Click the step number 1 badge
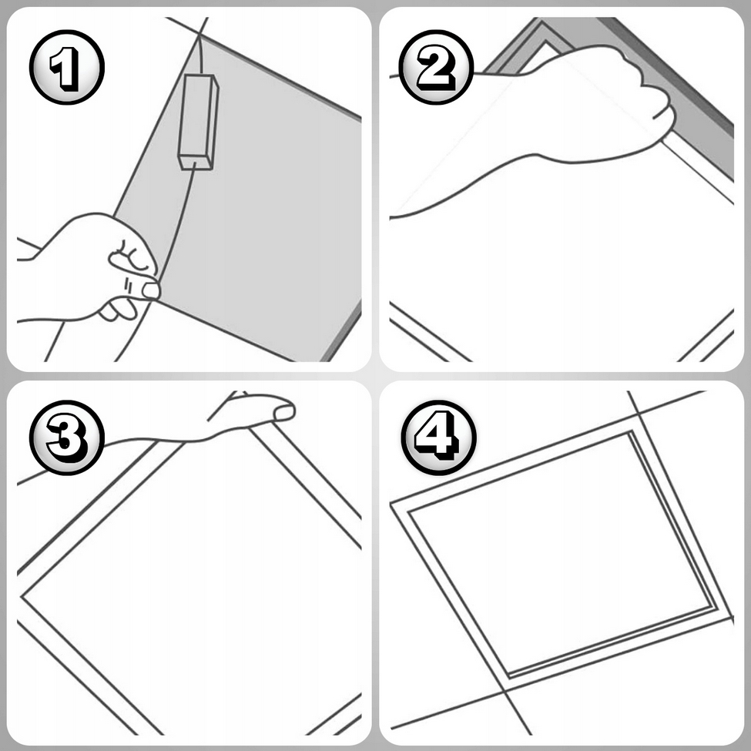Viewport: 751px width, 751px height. coord(66,67)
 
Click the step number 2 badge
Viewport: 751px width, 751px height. coord(436,67)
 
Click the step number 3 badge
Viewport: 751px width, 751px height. coord(66,438)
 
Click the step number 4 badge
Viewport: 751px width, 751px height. coord(439,438)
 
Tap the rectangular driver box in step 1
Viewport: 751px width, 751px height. coord(198,122)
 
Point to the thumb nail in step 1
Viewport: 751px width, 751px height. coord(151,290)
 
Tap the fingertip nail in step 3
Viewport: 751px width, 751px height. coord(283,413)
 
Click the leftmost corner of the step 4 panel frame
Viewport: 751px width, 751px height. coord(391,504)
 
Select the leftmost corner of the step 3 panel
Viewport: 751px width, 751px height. coord(22,597)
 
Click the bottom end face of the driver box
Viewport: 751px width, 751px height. coord(196,163)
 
